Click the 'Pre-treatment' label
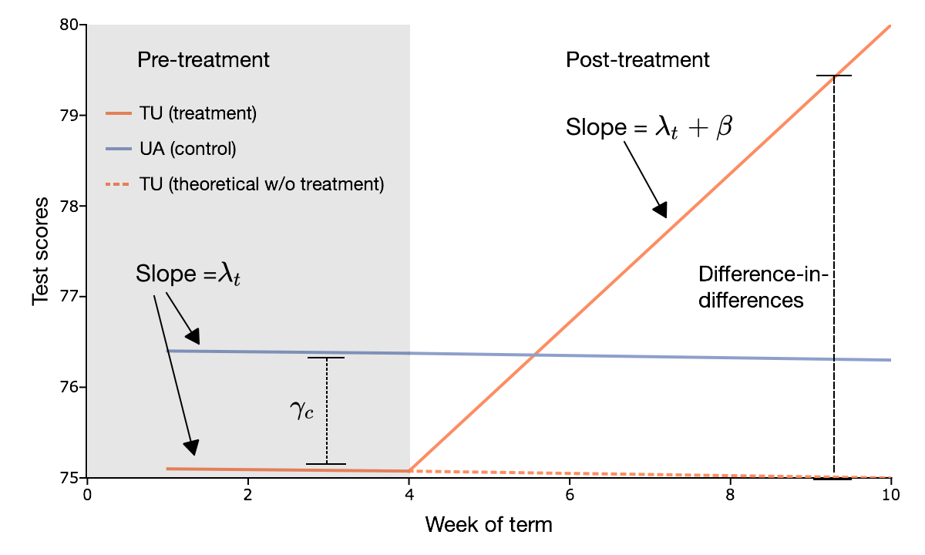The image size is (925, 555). pyautogui.click(x=203, y=59)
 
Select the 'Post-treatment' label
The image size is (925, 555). pyautogui.click(x=637, y=59)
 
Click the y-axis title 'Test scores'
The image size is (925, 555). pyautogui.click(x=42, y=251)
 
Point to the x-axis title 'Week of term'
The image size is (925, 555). pyautogui.click(x=489, y=526)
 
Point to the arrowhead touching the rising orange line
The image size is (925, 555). pyautogui.click(x=660, y=210)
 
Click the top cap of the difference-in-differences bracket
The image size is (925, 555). pyautogui.click(x=834, y=76)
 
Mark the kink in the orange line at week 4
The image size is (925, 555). pyautogui.click(x=409, y=470)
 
